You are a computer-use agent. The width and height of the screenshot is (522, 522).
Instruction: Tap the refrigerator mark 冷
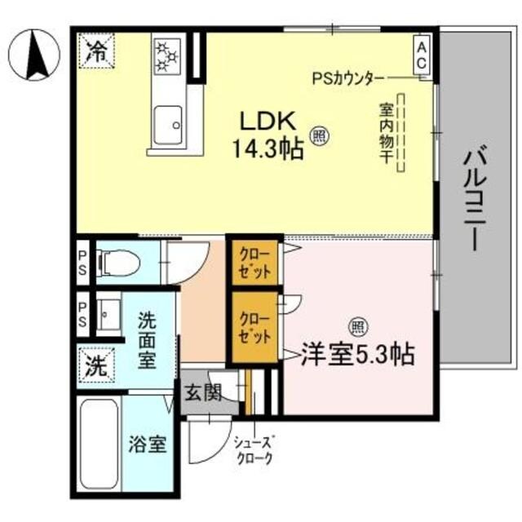pyautogui.click(x=97, y=51)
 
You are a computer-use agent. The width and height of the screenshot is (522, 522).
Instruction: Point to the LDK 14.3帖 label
pyautogui.click(x=266, y=135)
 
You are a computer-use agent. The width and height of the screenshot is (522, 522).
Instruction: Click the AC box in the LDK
pyautogui.click(x=422, y=58)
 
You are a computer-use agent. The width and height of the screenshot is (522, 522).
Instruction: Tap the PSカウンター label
pyautogui.click(x=348, y=78)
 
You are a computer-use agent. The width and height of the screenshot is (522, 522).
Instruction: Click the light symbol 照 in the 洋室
pyautogui.click(x=356, y=326)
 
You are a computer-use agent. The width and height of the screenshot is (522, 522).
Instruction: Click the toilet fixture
pyautogui.click(x=116, y=263)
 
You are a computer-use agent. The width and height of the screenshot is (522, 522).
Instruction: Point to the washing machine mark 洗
pyautogui.click(x=96, y=365)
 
